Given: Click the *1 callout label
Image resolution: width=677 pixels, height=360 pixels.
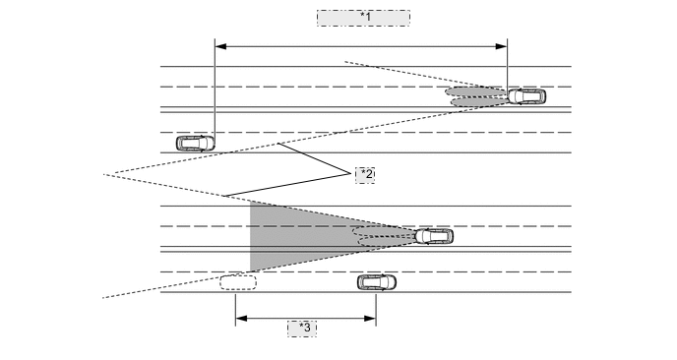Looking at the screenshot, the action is (x=363, y=18).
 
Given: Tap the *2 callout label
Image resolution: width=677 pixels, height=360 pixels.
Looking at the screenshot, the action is (x=365, y=173).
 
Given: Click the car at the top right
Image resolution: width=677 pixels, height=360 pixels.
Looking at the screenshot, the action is (x=525, y=96).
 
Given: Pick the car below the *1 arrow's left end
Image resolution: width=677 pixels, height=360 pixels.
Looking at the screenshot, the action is (x=195, y=143).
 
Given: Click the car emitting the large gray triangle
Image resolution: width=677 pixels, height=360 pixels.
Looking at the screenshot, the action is (x=434, y=236).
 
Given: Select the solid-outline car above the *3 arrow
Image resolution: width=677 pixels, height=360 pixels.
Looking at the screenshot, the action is (x=377, y=282).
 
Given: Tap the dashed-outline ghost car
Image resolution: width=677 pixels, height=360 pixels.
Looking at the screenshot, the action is (x=238, y=282).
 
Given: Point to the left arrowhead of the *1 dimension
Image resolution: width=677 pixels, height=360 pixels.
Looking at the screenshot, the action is (x=219, y=45).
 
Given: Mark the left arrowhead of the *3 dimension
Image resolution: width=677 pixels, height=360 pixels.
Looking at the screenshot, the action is (x=240, y=318).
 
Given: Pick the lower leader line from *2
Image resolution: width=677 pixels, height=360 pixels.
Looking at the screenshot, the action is (x=285, y=185).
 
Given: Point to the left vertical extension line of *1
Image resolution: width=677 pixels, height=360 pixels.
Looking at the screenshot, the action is (x=215, y=89).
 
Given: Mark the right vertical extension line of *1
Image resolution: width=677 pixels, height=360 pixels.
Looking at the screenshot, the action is (x=507, y=64).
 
